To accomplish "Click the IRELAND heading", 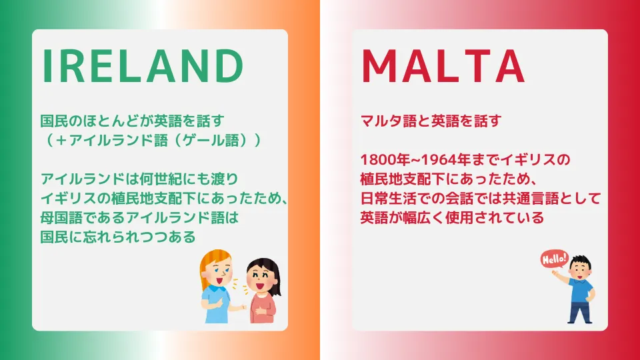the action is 143,66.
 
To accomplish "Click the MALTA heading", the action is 443,66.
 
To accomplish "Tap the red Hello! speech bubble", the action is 554,259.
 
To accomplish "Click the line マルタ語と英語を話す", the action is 431,121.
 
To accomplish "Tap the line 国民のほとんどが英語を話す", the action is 133,121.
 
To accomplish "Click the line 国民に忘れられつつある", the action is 119,237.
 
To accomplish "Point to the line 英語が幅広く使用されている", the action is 452,217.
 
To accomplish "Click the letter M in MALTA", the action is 379,66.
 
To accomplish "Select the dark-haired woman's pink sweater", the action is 263,307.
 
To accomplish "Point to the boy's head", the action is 579,267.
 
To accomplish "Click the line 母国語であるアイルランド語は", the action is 139,217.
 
